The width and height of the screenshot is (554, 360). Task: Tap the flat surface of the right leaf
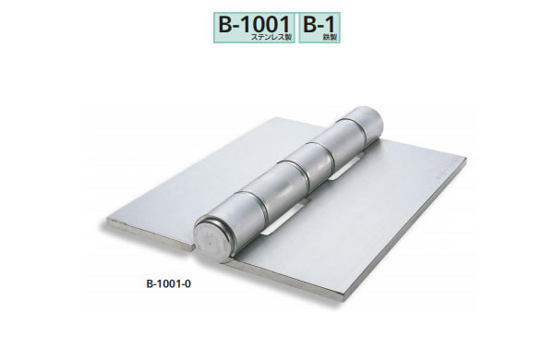click(369, 222)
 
